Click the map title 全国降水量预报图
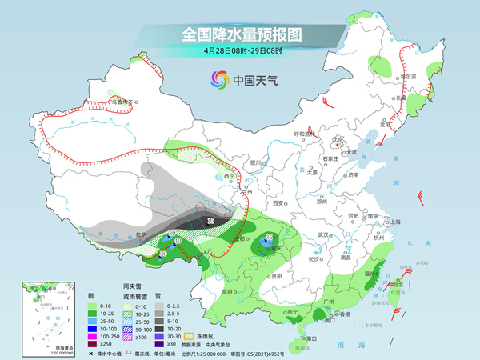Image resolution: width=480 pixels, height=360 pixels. pyautogui.click(x=240, y=34)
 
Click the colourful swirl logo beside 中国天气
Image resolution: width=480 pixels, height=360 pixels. pyautogui.click(x=218, y=79)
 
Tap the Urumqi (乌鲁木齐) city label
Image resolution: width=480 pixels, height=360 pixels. pyautogui.click(x=122, y=102)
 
